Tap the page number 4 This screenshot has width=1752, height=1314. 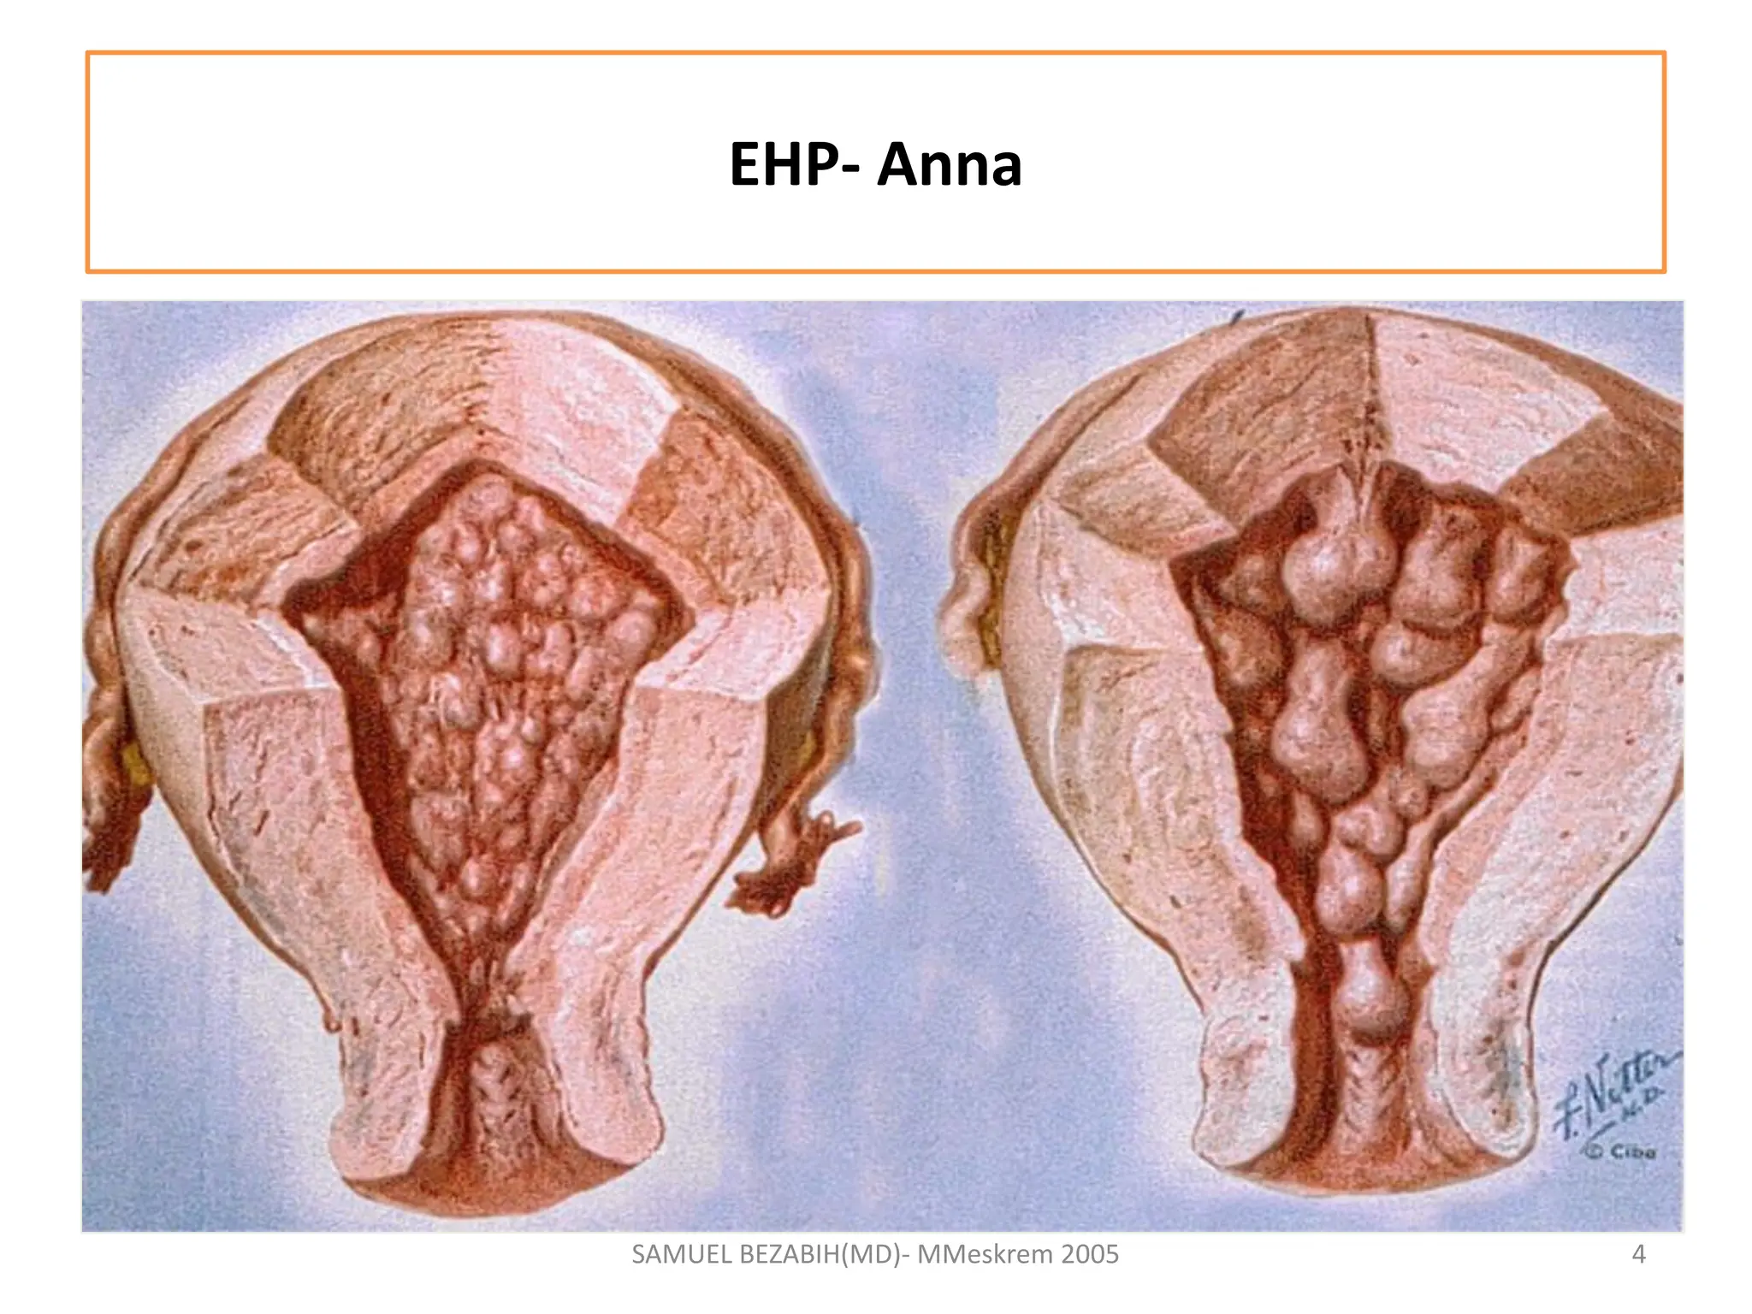click(x=1638, y=1254)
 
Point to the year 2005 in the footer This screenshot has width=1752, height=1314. click(x=1089, y=1254)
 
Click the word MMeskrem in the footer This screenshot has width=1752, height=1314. click(x=985, y=1254)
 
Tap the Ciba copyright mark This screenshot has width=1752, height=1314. click(x=1622, y=1151)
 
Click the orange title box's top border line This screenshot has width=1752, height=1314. click(x=876, y=53)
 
